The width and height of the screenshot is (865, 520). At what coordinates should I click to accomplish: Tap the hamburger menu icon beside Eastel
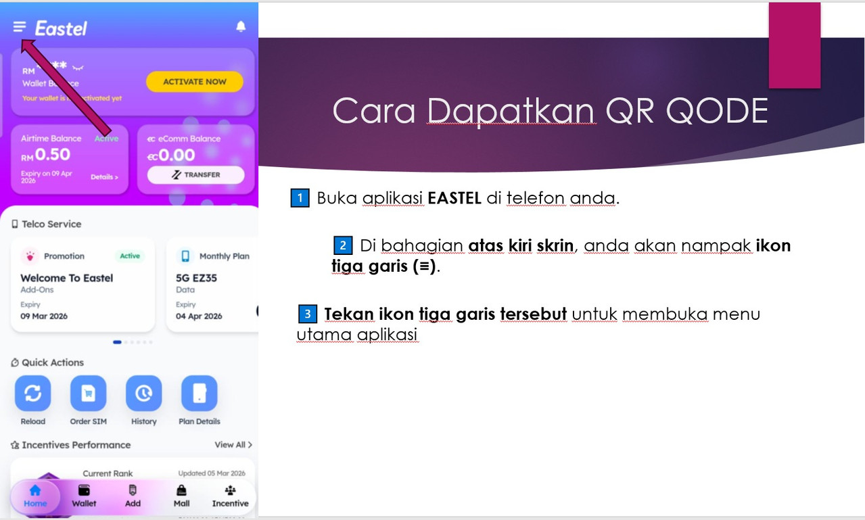click(x=19, y=27)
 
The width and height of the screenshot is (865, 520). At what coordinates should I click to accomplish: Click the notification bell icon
click(x=241, y=26)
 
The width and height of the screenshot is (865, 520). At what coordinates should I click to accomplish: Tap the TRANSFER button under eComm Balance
click(x=195, y=174)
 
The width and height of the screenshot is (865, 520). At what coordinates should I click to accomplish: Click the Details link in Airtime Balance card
click(x=104, y=177)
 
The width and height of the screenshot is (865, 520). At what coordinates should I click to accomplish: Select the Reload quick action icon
click(x=32, y=394)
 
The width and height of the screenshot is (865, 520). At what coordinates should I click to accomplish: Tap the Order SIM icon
click(x=88, y=394)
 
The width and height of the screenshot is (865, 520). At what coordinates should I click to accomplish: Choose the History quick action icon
click(x=143, y=394)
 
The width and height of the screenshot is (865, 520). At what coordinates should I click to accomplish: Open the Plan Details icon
click(x=199, y=394)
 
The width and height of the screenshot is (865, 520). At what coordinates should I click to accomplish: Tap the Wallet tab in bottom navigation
click(x=84, y=496)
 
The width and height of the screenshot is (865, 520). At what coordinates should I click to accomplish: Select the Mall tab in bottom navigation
click(x=181, y=496)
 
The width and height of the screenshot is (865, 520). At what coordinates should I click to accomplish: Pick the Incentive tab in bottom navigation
click(x=230, y=496)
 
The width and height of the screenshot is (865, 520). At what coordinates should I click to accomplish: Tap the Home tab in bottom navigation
click(x=35, y=496)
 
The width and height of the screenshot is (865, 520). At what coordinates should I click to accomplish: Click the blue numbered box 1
click(x=300, y=199)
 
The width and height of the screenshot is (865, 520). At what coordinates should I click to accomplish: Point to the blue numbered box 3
click(x=307, y=314)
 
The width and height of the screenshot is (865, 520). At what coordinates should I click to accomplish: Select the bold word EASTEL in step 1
click(x=454, y=199)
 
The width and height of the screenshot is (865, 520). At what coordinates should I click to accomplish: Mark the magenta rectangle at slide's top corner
click(x=794, y=45)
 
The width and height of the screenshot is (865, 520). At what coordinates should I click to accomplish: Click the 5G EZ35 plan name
click(x=196, y=278)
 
